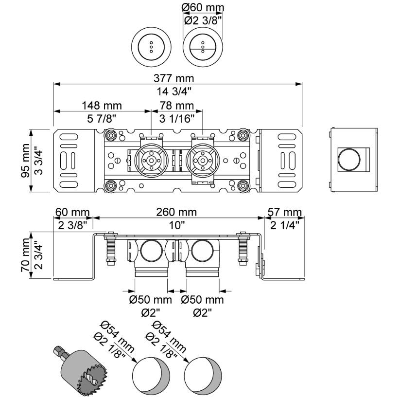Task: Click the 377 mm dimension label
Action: tap(177, 78)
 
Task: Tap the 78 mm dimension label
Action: tap(177, 106)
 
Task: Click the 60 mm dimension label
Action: tap(72, 212)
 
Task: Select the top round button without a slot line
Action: tap(151, 47)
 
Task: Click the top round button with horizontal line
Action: tap(203, 47)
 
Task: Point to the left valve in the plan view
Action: tap(151, 159)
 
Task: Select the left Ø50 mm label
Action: tap(150, 300)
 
